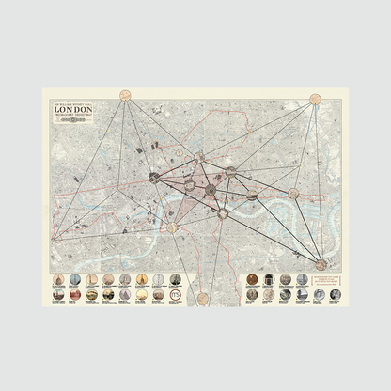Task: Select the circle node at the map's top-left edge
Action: click(x=125, y=94)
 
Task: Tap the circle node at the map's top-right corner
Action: click(x=317, y=98)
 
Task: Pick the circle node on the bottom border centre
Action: click(x=202, y=298)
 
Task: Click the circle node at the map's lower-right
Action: click(x=321, y=265)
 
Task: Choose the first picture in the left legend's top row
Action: click(x=58, y=279)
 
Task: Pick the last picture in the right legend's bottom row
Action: click(x=335, y=294)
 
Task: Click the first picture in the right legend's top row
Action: click(x=253, y=279)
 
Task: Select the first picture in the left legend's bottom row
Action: click(x=58, y=294)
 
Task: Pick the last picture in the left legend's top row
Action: click(x=175, y=279)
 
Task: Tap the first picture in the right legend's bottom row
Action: click(x=253, y=294)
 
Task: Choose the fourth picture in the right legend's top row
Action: click(x=302, y=279)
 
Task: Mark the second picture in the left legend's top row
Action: click(x=75, y=279)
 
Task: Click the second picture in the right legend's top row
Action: click(x=269, y=279)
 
